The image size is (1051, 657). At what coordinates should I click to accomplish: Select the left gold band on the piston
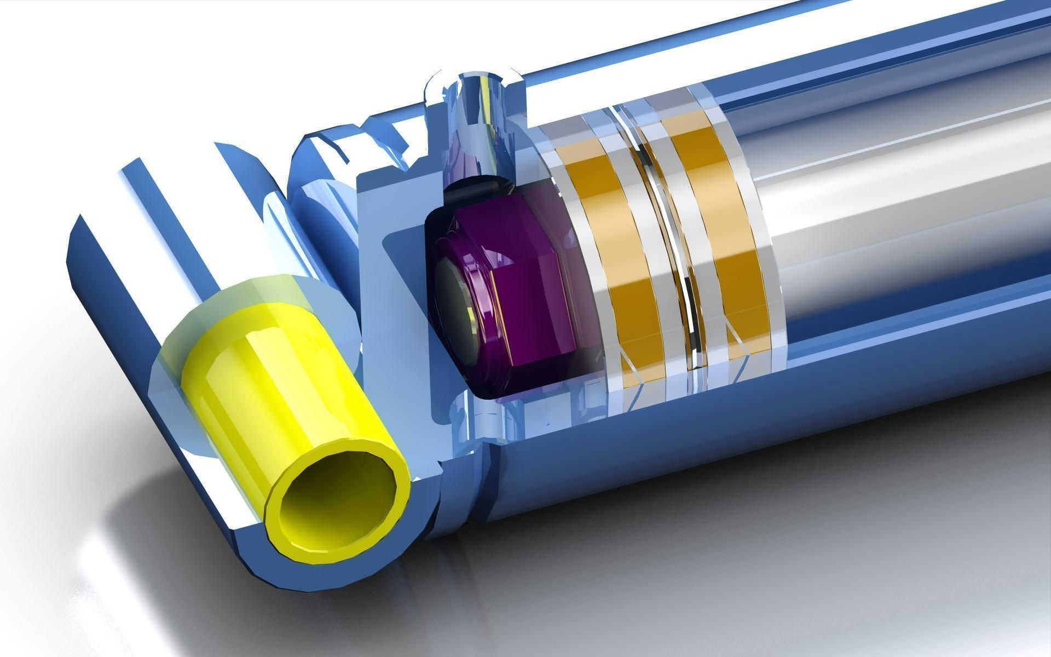click(619, 257)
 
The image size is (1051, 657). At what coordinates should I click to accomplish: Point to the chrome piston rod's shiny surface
click(903, 208)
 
